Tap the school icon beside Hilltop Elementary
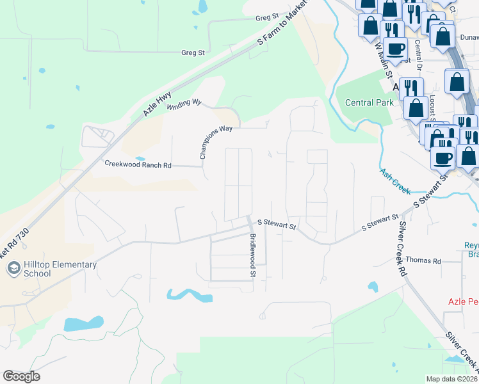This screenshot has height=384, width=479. pyautogui.click(x=13, y=269)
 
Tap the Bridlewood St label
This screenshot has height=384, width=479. pyautogui.click(x=253, y=255)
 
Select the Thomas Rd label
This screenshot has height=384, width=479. pyautogui.click(x=424, y=261)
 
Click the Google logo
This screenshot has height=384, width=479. pyautogui.click(x=21, y=376)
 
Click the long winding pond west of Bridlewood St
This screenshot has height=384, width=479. pyautogui.click(x=189, y=295)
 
